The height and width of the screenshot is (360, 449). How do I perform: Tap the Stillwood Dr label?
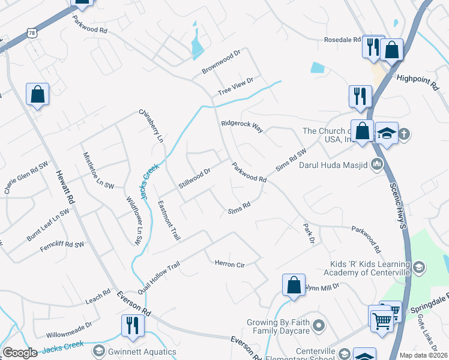(194, 179)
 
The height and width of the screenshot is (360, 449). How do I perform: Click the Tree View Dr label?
(236, 85)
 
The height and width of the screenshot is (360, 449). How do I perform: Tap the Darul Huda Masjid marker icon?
(377, 163)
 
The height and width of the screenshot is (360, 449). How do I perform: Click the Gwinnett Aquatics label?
(134, 352)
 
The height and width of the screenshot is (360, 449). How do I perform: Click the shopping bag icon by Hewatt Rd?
(37, 94)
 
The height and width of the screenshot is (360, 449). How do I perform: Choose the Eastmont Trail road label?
(169, 221)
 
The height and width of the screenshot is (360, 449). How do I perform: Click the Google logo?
(20, 353)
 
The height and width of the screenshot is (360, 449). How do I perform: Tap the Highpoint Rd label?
(418, 82)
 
